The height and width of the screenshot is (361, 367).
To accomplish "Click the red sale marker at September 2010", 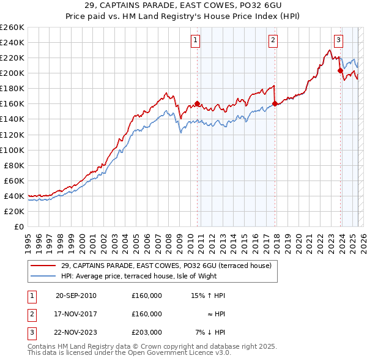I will [197, 103].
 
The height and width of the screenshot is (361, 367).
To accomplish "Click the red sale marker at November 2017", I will [275, 103].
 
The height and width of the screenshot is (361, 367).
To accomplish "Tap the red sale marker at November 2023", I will [340, 70].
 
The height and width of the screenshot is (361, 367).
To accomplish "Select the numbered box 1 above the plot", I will [195, 41].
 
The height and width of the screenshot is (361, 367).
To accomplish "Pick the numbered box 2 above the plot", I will [273, 41].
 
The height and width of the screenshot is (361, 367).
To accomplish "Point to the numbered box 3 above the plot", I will [338, 41].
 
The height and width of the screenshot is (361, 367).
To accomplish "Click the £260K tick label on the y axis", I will [12, 28].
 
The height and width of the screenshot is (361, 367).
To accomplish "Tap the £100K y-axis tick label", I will [12, 150].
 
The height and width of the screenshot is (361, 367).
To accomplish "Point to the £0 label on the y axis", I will [18, 226].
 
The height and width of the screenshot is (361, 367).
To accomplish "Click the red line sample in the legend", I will [43, 265].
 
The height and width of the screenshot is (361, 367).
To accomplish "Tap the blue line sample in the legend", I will [43, 275].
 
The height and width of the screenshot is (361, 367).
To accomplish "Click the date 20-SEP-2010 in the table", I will [76, 296].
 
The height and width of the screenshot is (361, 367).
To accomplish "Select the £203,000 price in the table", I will [146, 332].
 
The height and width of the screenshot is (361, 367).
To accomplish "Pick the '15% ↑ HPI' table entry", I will [209, 296].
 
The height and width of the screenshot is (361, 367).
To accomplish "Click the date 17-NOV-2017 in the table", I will [76, 314].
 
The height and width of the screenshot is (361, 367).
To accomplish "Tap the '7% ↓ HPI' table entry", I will [210, 332].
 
